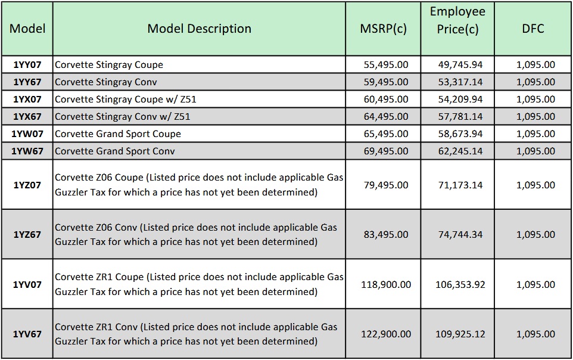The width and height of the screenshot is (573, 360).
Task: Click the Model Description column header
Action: tap(199, 29)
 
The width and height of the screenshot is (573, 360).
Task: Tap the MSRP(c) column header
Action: tap(383, 29)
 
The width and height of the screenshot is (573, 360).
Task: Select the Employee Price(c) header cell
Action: tap(457, 20)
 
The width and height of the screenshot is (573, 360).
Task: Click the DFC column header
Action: tap(533, 29)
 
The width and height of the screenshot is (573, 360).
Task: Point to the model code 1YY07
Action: tap(27, 64)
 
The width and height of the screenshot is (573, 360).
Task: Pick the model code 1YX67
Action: tap(27, 116)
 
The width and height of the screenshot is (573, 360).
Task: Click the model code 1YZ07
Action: tap(27, 185)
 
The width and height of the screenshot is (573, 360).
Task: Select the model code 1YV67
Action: tap(27, 334)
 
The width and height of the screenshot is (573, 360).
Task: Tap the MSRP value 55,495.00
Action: tap(386, 64)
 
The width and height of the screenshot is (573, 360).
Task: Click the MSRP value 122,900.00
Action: tap(386, 334)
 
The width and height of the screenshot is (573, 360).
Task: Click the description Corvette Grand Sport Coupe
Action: tap(118, 134)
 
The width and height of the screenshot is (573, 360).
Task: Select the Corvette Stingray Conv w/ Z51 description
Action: tap(123, 116)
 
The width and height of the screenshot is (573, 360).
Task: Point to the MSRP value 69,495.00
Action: tap(386, 151)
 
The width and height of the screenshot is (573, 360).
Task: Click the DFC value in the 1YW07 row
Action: tap(536, 134)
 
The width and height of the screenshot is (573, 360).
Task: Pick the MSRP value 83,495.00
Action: tap(386, 234)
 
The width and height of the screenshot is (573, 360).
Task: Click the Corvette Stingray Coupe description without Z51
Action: tap(109, 64)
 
